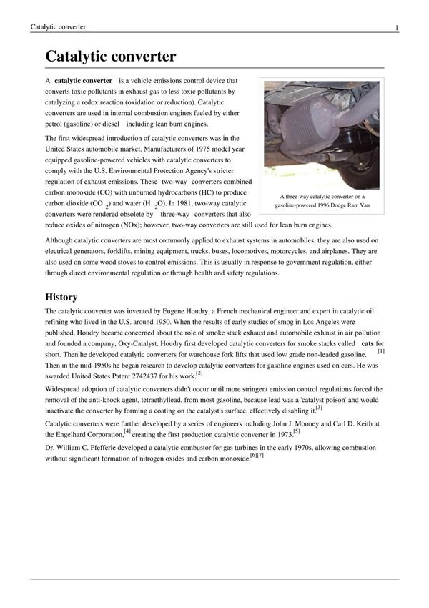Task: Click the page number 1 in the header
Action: tap(396, 27)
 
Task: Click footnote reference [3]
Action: tap(319, 408)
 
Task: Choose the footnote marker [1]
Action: tap(381, 351)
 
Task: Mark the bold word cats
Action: tap(368, 343)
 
